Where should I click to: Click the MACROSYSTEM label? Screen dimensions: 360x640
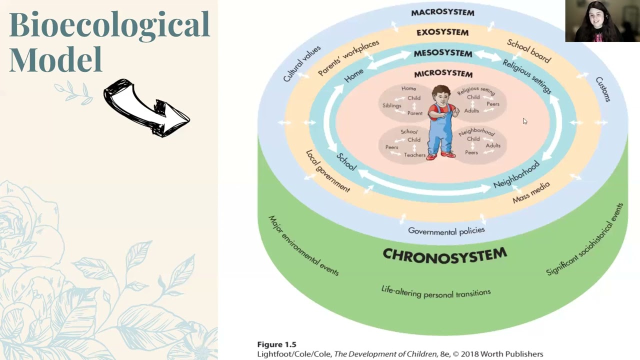pyautogui.click(x=442, y=12)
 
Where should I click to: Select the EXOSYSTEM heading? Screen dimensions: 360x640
pyautogui.click(x=442, y=32)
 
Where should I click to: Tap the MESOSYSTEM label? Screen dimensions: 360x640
pyautogui.click(x=442, y=53)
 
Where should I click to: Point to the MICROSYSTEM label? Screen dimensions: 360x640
pyautogui.click(x=443, y=74)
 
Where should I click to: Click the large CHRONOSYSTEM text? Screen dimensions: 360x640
pyautogui.click(x=444, y=254)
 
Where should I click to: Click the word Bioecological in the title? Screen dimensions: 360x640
pyautogui.click(x=109, y=24)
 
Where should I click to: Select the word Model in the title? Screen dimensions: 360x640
pyautogui.click(x=55, y=59)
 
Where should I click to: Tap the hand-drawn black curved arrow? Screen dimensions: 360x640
pyautogui.click(x=146, y=108)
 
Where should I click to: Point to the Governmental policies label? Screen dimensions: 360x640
pyautogui.click(x=446, y=230)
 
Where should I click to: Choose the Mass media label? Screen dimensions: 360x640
pyautogui.click(x=531, y=192)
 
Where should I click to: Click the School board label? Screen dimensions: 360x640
pyautogui.click(x=529, y=51)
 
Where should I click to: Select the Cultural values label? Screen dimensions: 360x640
pyautogui.click(x=301, y=63)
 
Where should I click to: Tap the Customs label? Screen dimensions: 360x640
pyautogui.click(x=603, y=89)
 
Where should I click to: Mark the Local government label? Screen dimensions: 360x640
pyautogui.click(x=328, y=171)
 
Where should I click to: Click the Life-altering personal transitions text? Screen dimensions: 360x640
pyautogui.click(x=435, y=292)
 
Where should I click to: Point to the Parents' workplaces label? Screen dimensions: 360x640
pyautogui.click(x=348, y=58)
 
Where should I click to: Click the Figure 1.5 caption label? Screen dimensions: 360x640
pyautogui.click(x=276, y=344)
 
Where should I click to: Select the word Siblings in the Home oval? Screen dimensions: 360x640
pyautogui.click(x=392, y=106)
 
